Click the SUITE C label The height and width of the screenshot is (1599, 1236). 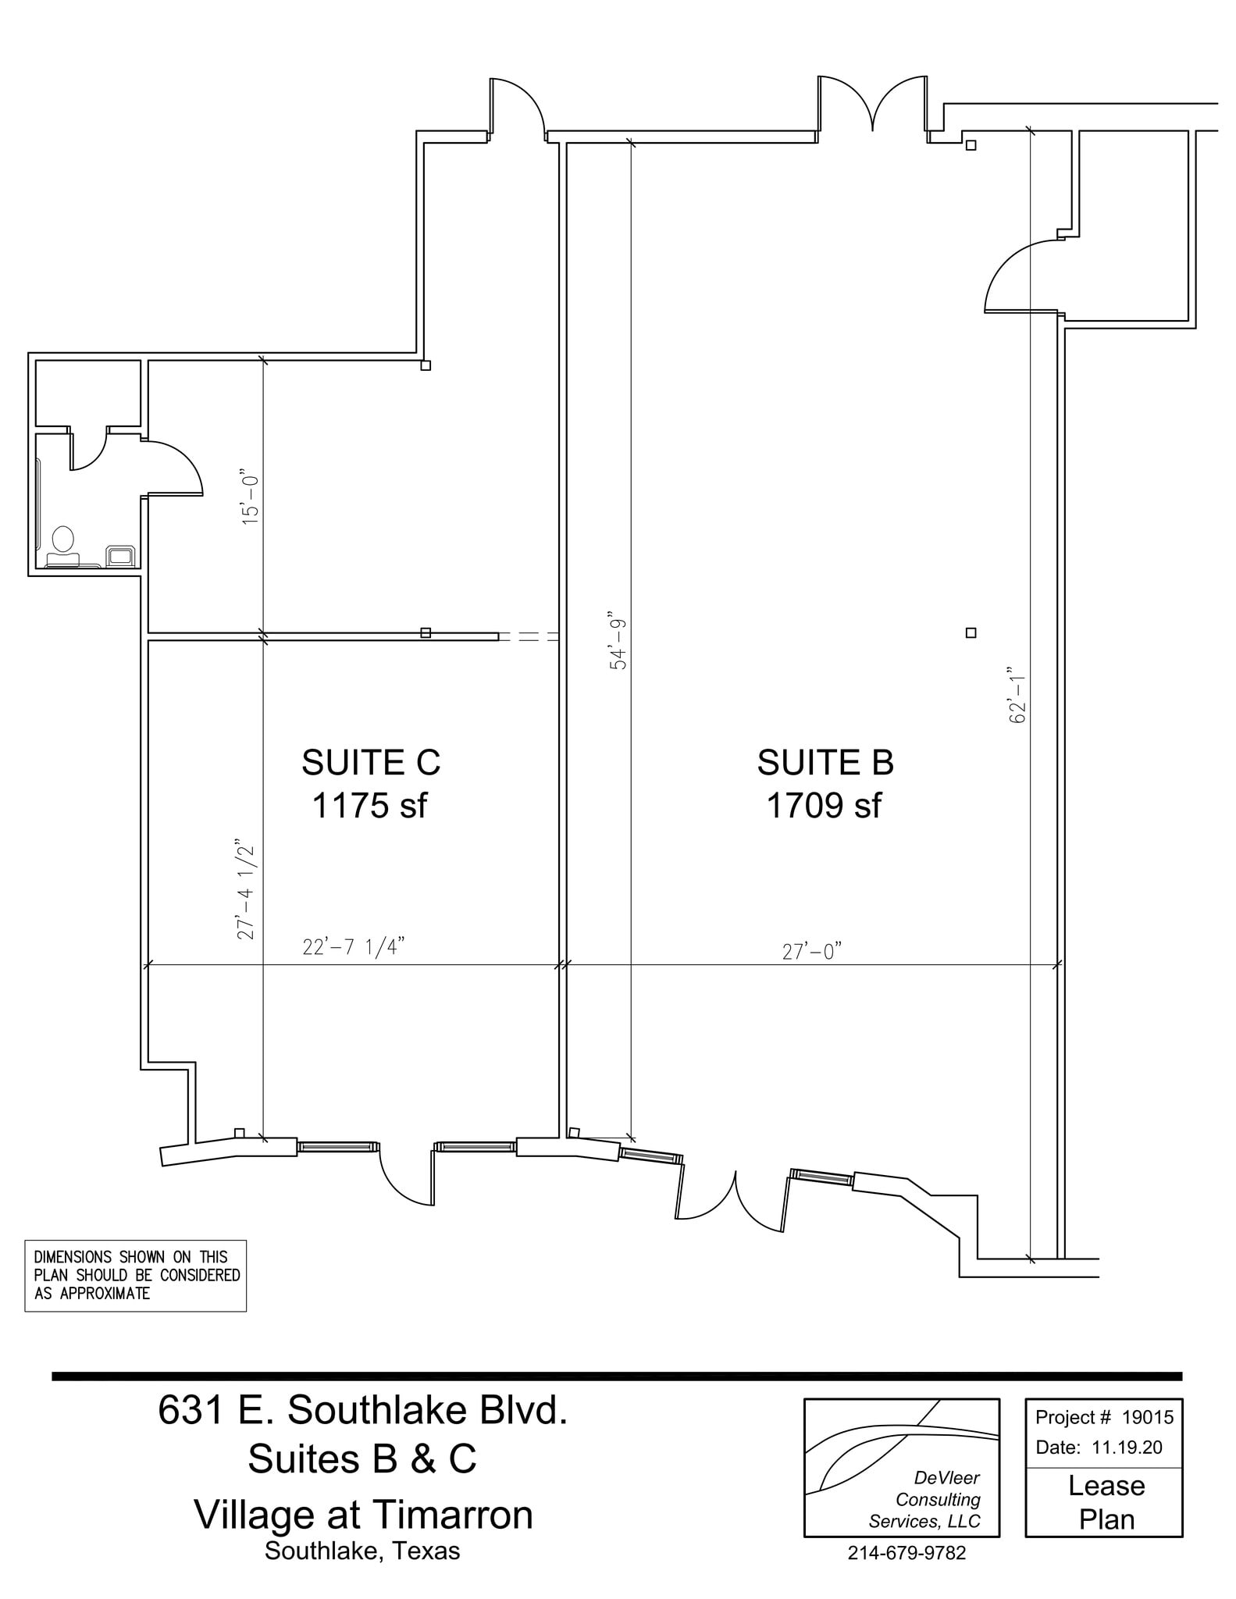click(x=371, y=763)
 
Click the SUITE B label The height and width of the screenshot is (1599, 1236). click(x=825, y=763)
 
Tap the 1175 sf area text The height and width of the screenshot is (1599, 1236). click(x=369, y=806)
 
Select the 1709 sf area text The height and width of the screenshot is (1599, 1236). click(x=824, y=806)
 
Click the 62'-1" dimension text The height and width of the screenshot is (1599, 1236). click(x=1017, y=695)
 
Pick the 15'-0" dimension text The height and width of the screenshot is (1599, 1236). click(x=250, y=497)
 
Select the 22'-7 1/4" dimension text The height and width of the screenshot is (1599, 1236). click(x=354, y=947)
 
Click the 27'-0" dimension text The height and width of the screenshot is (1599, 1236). click(x=812, y=951)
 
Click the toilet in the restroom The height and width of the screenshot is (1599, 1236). click(x=62, y=544)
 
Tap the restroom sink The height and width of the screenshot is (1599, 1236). click(x=121, y=555)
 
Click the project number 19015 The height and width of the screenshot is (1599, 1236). click(x=1147, y=1417)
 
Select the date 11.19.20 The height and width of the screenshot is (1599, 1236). click(x=1127, y=1447)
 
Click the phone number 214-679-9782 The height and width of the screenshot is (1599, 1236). click(x=907, y=1553)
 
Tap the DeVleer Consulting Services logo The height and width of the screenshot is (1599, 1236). click(x=902, y=1468)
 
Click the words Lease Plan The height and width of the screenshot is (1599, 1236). click(x=1106, y=1502)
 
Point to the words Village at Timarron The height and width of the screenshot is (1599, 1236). click(x=363, y=1515)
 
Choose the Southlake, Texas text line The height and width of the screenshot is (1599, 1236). click(x=362, y=1551)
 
